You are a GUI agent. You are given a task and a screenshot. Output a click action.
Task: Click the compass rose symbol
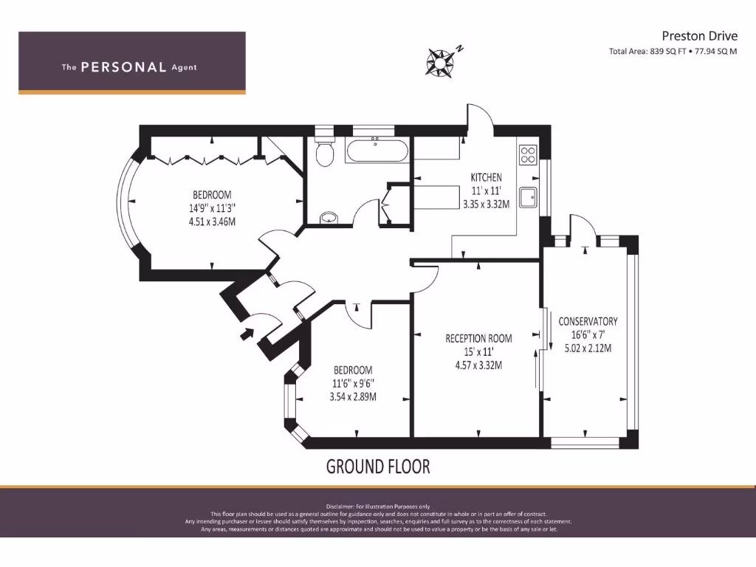pyautogui.click(x=440, y=62)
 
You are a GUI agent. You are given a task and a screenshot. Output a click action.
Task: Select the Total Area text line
pyautogui.click(x=673, y=52)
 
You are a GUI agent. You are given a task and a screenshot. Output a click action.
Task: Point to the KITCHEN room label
pyautogui.click(x=486, y=177)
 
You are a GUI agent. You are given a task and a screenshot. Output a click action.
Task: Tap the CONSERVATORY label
pyautogui.click(x=588, y=321)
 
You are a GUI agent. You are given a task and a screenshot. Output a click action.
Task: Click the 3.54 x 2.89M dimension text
pyautogui.click(x=352, y=396)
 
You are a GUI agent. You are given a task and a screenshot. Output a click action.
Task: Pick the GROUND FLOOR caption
pyautogui.click(x=377, y=467)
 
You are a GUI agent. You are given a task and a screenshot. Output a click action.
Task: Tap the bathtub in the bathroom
pyautogui.click(x=377, y=151)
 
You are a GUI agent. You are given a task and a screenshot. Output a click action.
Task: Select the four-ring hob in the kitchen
pyautogui.click(x=529, y=155)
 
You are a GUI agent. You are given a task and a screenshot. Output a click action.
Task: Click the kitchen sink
pyautogui.click(x=529, y=198)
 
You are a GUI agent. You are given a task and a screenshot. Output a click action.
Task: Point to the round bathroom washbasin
pyautogui.click(x=329, y=217)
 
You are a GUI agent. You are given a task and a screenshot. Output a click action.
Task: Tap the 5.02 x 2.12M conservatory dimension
pyautogui.click(x=588, y=348)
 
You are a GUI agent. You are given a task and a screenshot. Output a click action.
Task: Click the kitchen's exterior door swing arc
pyautogui.click(x=478, y=116)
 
